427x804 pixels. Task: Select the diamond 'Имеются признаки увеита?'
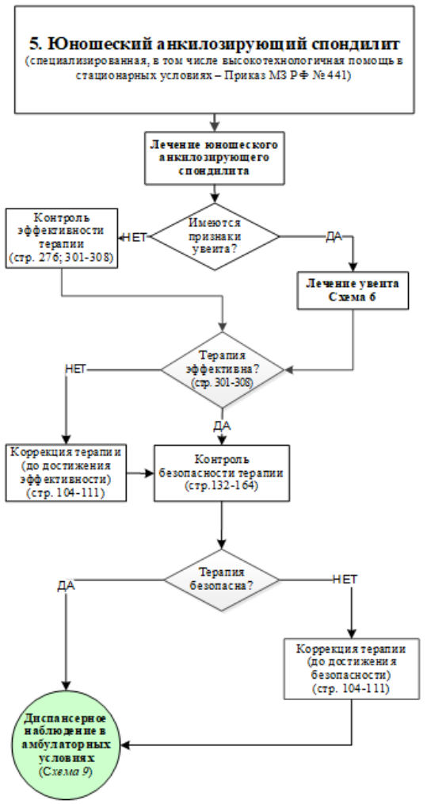215,236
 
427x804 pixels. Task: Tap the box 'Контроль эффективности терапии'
62,237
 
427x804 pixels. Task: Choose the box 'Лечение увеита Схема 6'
353,290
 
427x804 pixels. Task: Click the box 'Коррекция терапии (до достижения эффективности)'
66,473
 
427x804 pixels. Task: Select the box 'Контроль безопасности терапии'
222,473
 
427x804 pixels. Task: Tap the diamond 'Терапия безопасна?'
222,580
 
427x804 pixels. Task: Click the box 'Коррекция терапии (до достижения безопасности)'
352,668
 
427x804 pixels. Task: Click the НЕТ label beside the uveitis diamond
135,237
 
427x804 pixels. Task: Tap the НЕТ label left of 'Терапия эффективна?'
74,369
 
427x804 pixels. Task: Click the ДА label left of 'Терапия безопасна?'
67,586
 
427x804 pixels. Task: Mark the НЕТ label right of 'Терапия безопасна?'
345,579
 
